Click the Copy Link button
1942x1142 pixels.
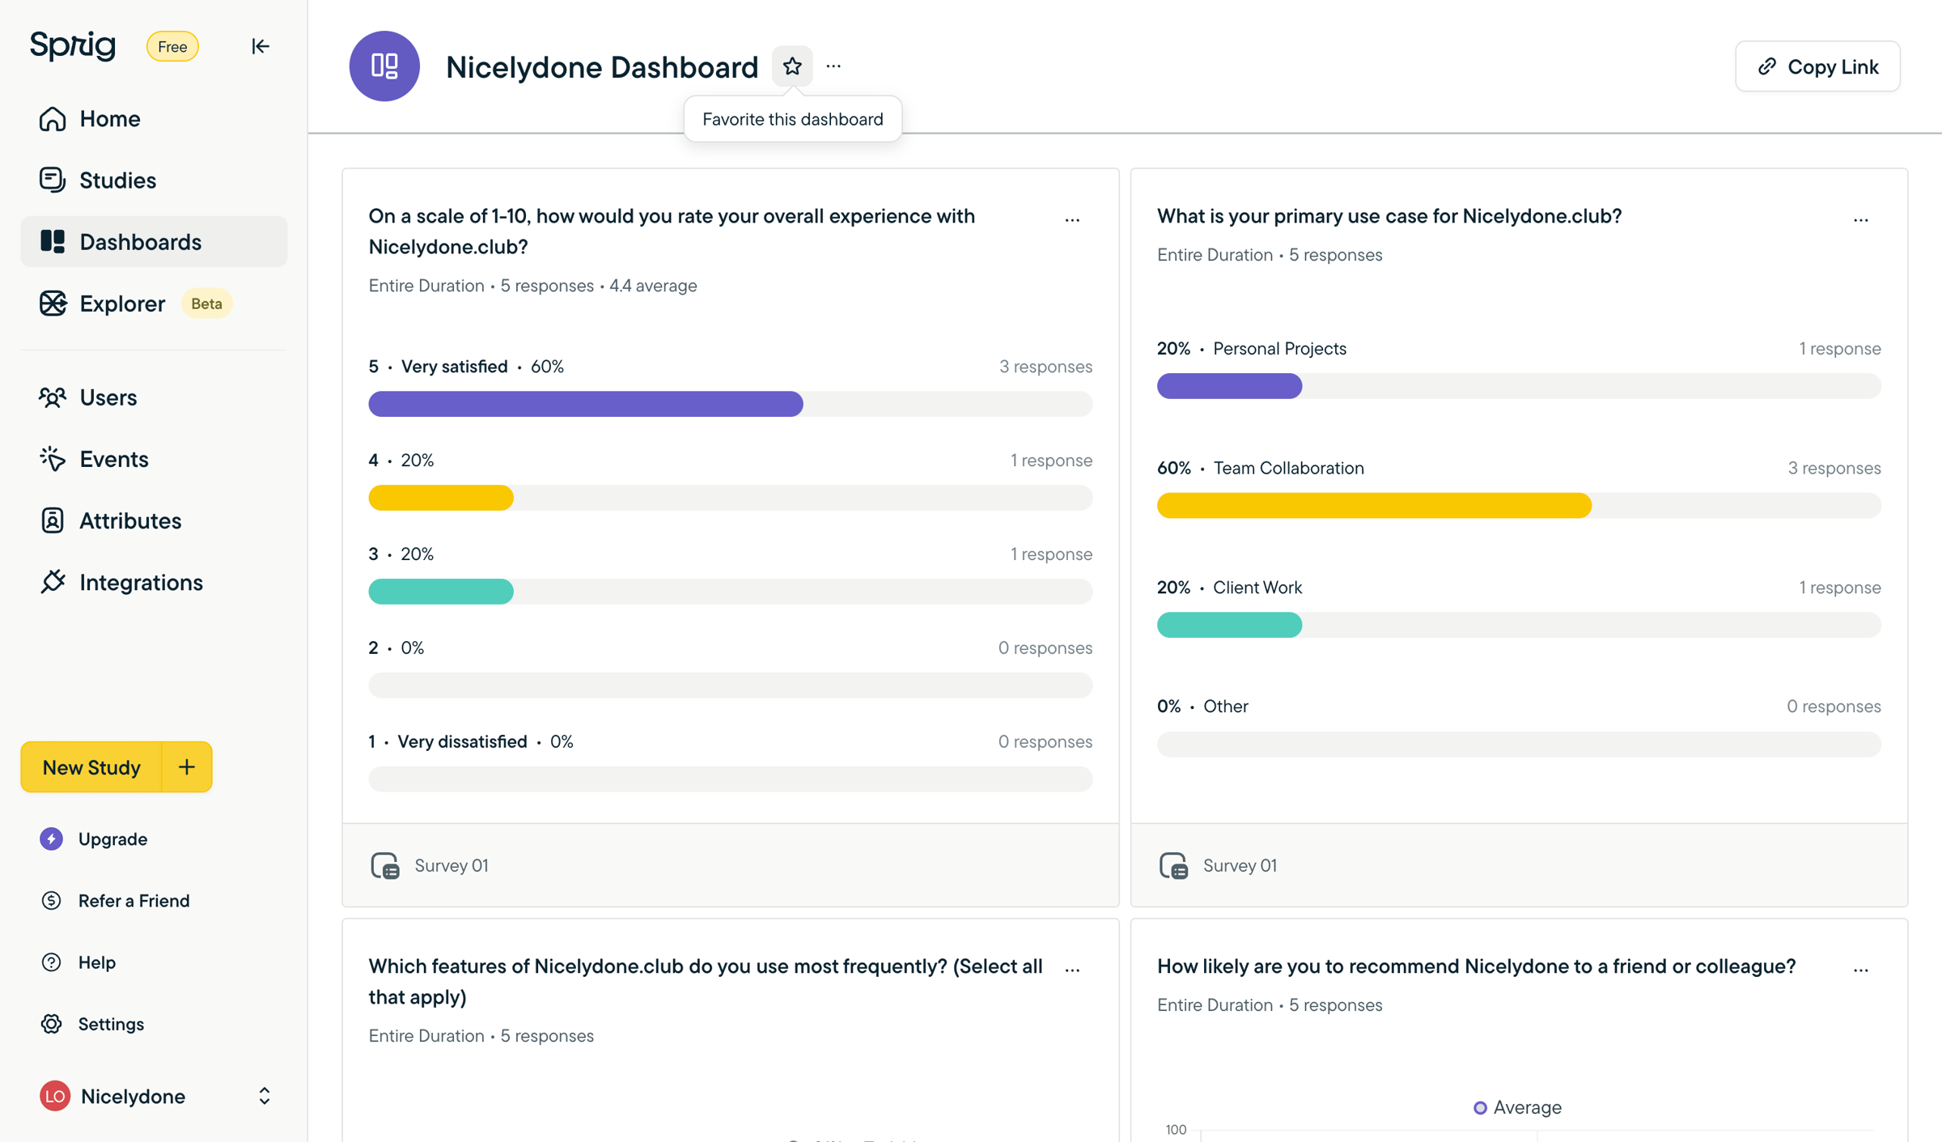1817,66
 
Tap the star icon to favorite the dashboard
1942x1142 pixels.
792,66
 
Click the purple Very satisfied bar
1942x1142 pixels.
586,404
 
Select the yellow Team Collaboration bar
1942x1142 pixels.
1374,505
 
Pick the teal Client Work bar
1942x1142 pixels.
1229,625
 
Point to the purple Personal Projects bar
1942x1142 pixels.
1229,386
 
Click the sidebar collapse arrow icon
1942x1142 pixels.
260,46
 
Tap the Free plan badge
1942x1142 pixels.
172,46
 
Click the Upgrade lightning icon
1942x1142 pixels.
51,838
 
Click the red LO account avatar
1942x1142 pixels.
55,1096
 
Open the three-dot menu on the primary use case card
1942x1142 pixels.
1860,220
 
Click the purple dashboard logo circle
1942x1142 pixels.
384,66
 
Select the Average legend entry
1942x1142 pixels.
1517,1107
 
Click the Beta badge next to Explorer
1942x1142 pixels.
206,304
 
